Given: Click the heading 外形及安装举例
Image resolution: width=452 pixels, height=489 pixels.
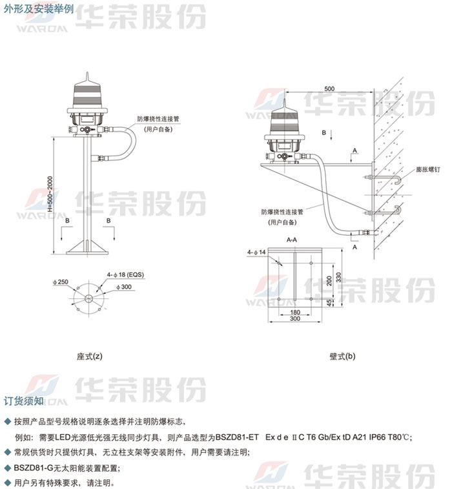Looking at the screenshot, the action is click(x=39, y=8).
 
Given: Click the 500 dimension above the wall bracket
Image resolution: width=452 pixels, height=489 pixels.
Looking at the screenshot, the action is click(x=329, y=88).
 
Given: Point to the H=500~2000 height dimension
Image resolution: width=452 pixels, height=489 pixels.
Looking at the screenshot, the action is click(x=50, y=194).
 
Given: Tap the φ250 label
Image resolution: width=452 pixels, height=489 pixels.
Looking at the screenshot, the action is click(x=61, y=282).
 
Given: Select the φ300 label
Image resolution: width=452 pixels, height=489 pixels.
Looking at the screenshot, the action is click(x=124, y=287).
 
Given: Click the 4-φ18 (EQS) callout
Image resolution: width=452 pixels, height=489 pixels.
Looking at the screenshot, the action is click(x=125, y=275).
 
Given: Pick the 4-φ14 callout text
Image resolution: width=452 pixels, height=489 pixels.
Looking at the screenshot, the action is click(x=256, y=253).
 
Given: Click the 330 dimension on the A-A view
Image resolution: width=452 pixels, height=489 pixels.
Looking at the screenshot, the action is click(x=338, y=277).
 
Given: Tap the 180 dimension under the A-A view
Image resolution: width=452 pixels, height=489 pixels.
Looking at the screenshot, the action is click(x=295, y=312).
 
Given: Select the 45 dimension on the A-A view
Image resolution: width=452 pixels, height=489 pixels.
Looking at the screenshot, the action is click(x=329, y=303).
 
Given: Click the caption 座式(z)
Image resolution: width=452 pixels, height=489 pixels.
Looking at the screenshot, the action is click(x=90, y=356).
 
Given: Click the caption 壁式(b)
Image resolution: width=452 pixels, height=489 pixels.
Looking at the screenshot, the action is click(x=342, y=356).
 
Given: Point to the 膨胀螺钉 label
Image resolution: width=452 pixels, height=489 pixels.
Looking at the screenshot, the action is click(x=428, y=169).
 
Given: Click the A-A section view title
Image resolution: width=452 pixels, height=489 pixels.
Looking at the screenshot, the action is click(x=292, y=240).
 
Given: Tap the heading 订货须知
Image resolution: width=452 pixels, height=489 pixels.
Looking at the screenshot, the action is click(x=24, y=401).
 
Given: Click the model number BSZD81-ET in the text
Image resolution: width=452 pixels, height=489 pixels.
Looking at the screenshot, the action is click(x=237, y=437).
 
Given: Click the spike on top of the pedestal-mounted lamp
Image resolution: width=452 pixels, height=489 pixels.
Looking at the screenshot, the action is click(x=87, y=78).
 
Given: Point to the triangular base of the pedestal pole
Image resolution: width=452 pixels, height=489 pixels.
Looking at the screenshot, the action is click(x=87, y=247).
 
